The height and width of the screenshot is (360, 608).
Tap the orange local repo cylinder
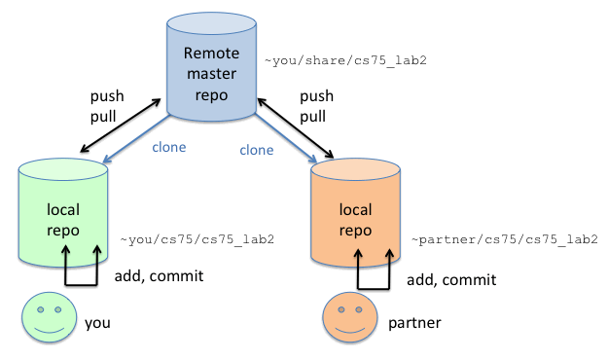pos(355,217)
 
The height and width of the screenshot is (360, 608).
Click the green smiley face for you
pos(47,318)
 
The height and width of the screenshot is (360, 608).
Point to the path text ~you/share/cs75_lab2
pos(345,60)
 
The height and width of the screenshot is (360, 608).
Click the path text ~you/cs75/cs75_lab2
pos(197,238)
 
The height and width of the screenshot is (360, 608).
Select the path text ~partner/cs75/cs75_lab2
pos(504,238)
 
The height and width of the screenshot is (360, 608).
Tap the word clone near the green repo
pos(169,148)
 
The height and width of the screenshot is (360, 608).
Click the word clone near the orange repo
pos(257,150)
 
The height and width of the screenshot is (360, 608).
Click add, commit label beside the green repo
pos(159,276)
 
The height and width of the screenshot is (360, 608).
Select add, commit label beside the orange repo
pos(451,279)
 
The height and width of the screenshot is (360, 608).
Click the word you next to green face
pos(98,320)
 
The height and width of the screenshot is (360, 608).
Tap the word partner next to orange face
pos(415,320)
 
